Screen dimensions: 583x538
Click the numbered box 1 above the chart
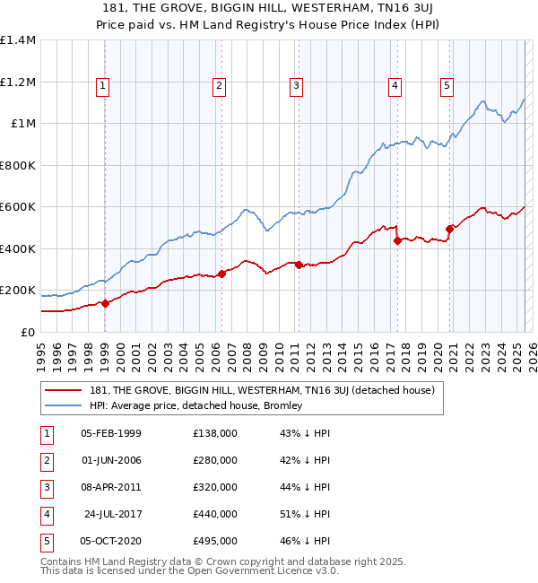104,86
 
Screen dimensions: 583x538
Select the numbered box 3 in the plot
296,86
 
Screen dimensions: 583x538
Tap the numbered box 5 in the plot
447,86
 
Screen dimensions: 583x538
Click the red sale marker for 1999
105,303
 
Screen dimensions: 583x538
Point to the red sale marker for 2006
221,274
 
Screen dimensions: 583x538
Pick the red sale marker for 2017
396,240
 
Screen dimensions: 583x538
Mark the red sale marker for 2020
449,229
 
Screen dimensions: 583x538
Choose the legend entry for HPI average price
196,405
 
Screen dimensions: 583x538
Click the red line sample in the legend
62,390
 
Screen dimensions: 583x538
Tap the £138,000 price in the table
215,433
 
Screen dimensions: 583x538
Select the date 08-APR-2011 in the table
110,487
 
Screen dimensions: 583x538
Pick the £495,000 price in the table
215,541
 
